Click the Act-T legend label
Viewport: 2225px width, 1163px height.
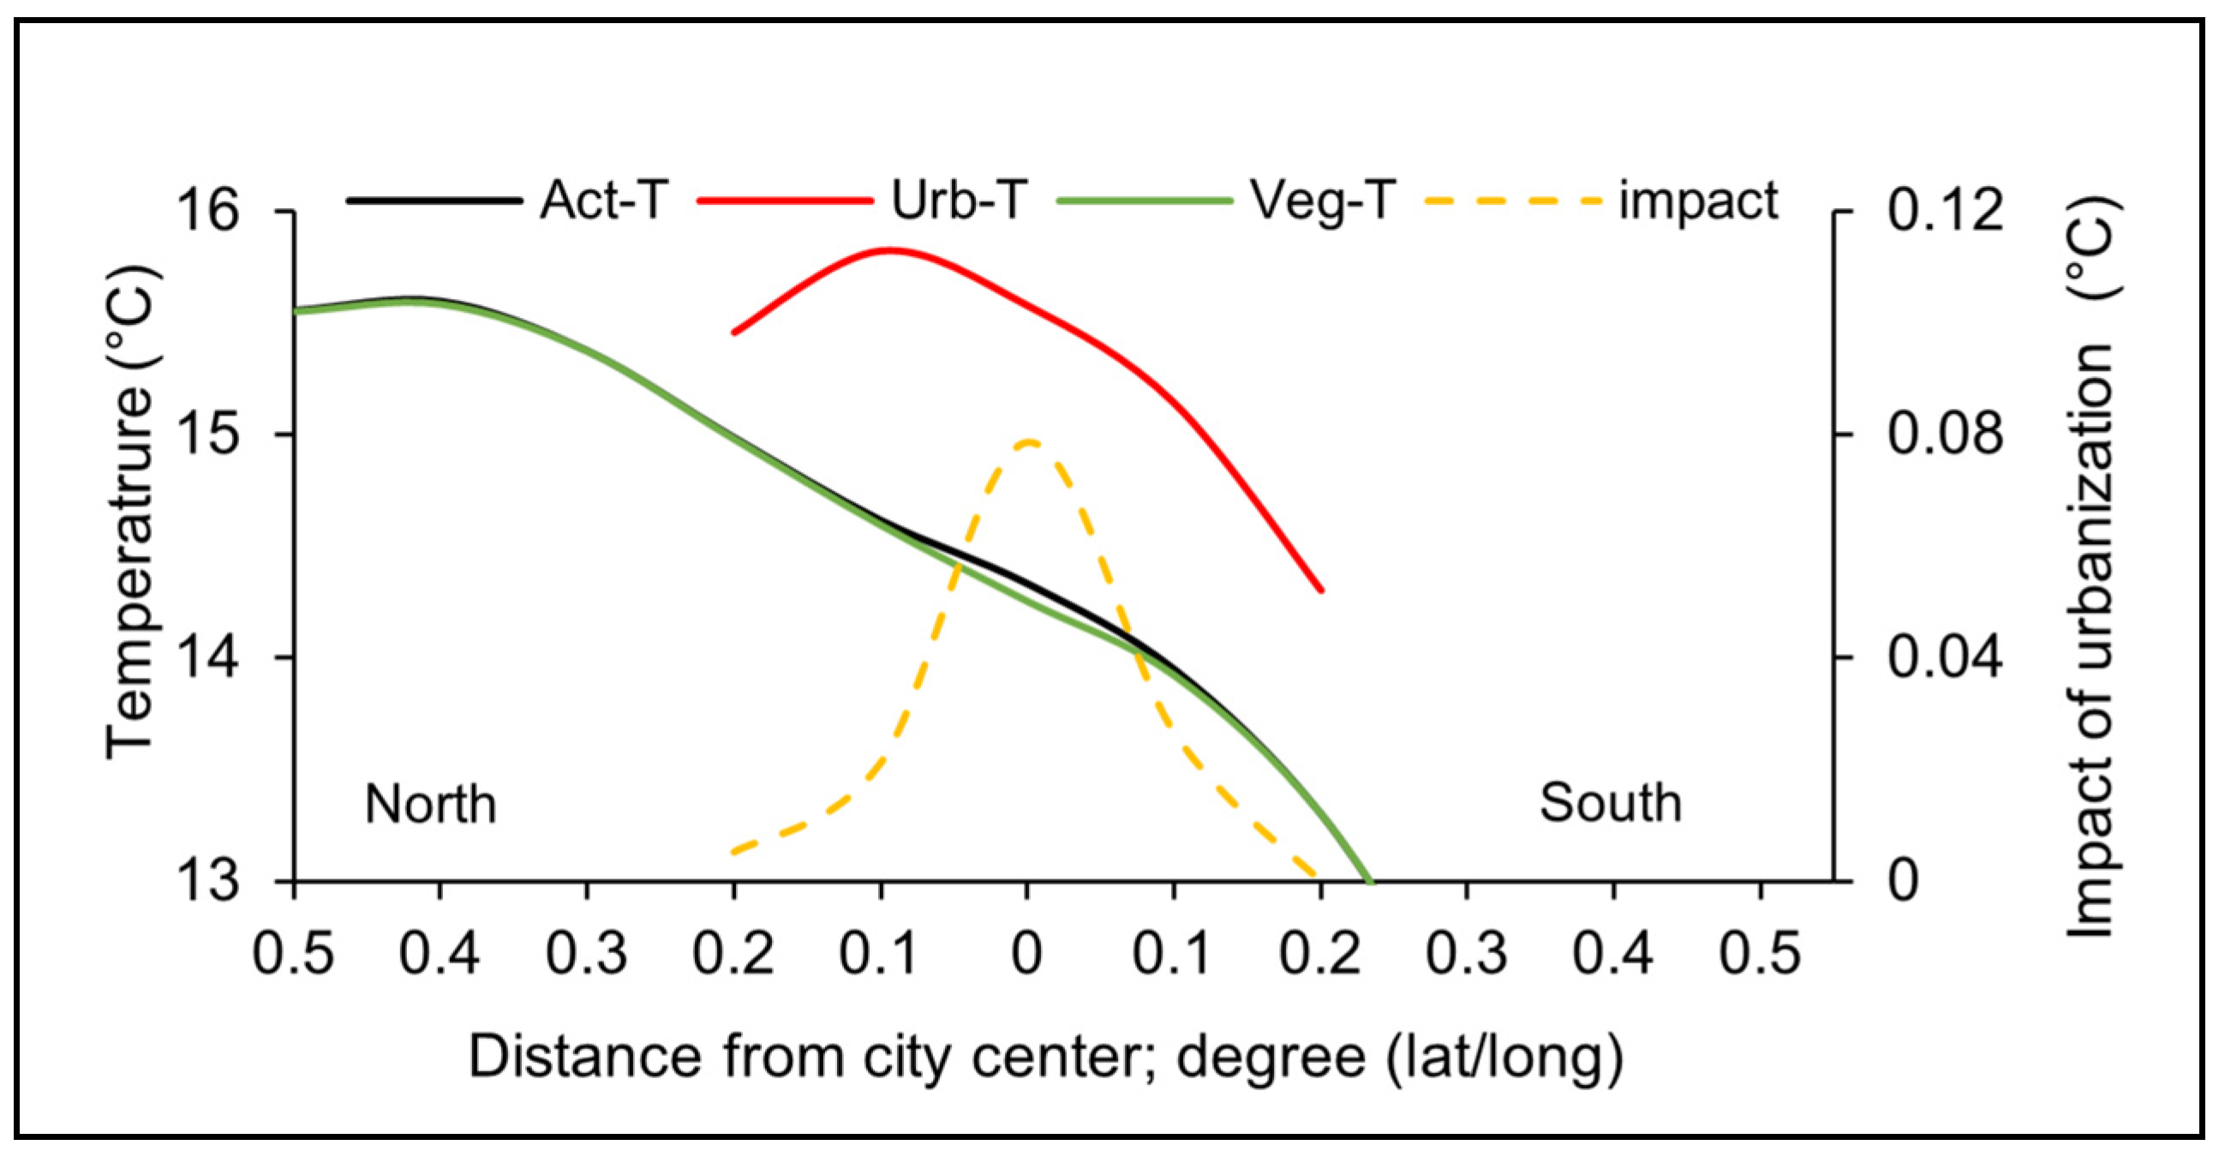604,201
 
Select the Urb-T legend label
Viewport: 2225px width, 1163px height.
958,201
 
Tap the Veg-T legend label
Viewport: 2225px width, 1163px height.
1322,201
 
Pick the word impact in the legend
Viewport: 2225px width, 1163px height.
1698,201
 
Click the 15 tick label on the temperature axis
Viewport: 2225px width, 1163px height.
207,434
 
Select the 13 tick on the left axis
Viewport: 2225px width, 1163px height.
207,881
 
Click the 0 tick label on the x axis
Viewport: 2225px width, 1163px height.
1027,954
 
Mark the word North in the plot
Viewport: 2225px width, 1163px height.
430,805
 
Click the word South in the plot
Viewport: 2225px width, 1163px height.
1610,803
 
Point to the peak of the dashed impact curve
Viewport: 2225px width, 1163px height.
1030,441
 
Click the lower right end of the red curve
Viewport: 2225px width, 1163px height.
1320,590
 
